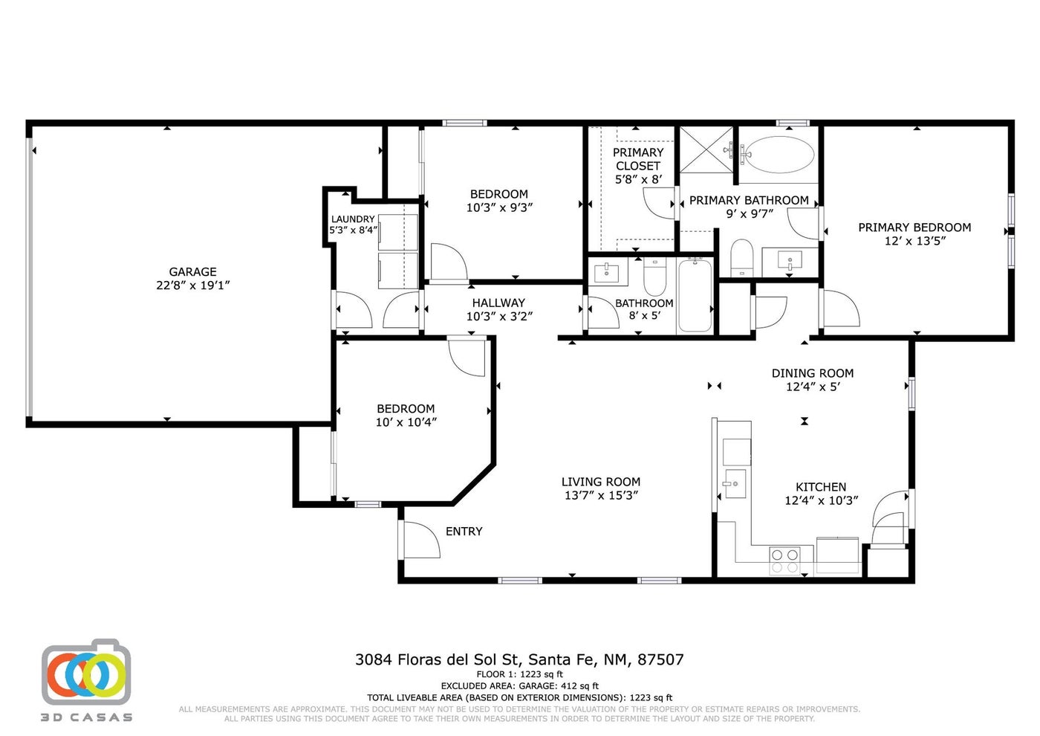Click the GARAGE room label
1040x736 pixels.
(x=192, y=272)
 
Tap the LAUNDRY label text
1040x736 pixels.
(x=353, y=219)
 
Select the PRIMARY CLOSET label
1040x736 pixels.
(x=638, y=159)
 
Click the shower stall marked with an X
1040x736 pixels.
(x=706, y=149)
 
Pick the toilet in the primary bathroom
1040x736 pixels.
(x=741, y=257)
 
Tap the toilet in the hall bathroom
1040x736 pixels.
(x=654, y=277)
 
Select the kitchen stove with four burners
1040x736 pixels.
(x=784, y=561)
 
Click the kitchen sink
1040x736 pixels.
(x=735, y=484)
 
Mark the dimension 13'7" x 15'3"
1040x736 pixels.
(x=601, y=495)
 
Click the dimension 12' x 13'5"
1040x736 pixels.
(x=914, y=241)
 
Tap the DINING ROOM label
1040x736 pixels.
(x=813, y=373)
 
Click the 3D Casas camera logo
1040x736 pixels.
(x=86, y=672)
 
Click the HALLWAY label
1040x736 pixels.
(x=498, y=303)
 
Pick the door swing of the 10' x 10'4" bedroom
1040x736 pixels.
(x=467, y=358)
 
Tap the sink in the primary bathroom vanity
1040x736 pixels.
(x=790, y=260)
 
